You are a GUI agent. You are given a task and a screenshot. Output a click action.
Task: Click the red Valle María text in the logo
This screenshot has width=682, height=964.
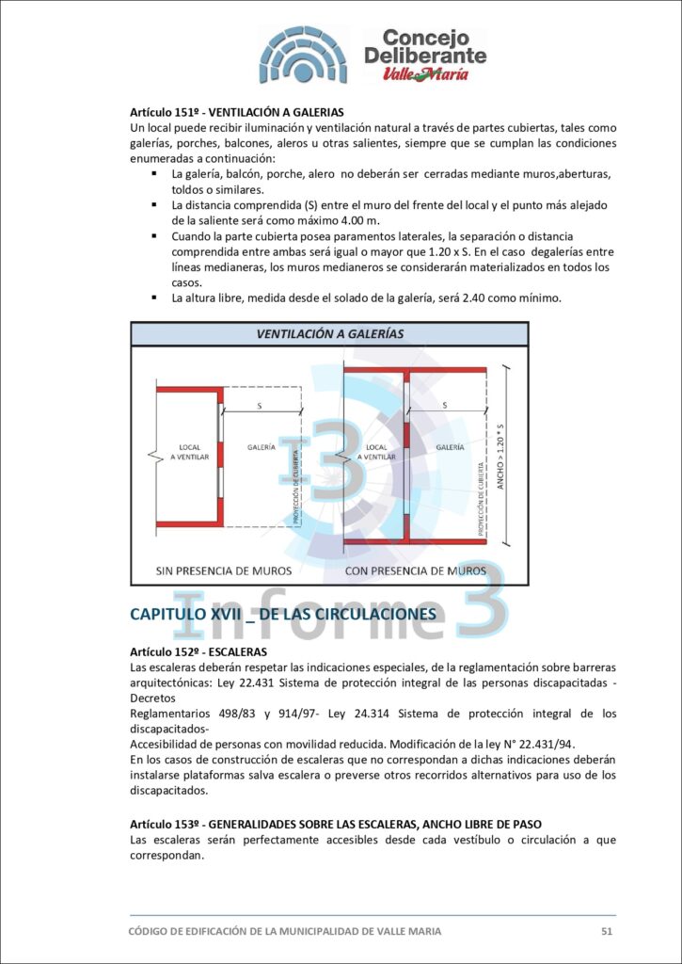tap(426, 74)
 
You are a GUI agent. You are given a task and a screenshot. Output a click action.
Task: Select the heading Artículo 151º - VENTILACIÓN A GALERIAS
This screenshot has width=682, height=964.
tap(236, 113)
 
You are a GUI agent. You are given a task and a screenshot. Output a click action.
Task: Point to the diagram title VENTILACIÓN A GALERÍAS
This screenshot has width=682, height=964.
tap(330, 334)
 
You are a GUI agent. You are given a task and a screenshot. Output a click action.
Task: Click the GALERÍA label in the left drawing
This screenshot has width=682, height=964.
tap(262, 447)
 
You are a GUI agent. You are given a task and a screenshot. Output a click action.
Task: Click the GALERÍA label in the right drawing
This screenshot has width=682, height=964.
tap(451, 447)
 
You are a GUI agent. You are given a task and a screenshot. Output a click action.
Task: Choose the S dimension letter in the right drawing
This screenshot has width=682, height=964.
tap(445, 405)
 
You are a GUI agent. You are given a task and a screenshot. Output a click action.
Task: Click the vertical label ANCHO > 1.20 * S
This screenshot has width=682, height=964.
tap(500, 456)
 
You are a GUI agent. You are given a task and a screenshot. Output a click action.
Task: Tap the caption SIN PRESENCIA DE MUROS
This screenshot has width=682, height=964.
tap(224, 570)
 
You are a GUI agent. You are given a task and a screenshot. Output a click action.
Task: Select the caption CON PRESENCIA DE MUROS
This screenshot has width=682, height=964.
tap(416, 570)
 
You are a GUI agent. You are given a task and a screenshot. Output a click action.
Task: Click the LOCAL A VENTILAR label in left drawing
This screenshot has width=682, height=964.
tap(189, 452)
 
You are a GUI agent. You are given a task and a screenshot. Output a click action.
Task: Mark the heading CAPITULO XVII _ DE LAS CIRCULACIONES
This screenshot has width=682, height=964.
tap(283, 614)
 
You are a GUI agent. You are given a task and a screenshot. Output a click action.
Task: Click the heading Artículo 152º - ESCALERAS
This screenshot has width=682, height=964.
tap(198, 651)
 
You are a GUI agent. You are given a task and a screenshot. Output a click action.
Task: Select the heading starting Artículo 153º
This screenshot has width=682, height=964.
tap(336, 824)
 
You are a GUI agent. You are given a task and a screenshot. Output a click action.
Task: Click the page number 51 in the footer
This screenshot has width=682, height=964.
tap(607, 931)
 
